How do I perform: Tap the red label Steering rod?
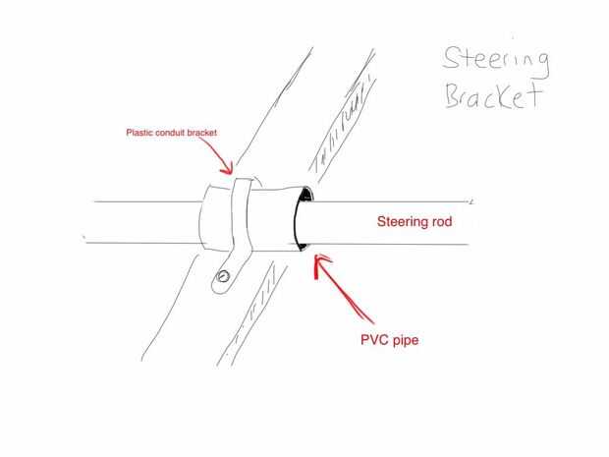click(x=415, y=222)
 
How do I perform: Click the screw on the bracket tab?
click(x=225, y=276)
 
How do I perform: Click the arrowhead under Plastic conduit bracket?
click(x=232, y=171)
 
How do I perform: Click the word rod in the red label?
click(x=441, y=222)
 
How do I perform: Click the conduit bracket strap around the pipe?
click(x=241, y=216)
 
